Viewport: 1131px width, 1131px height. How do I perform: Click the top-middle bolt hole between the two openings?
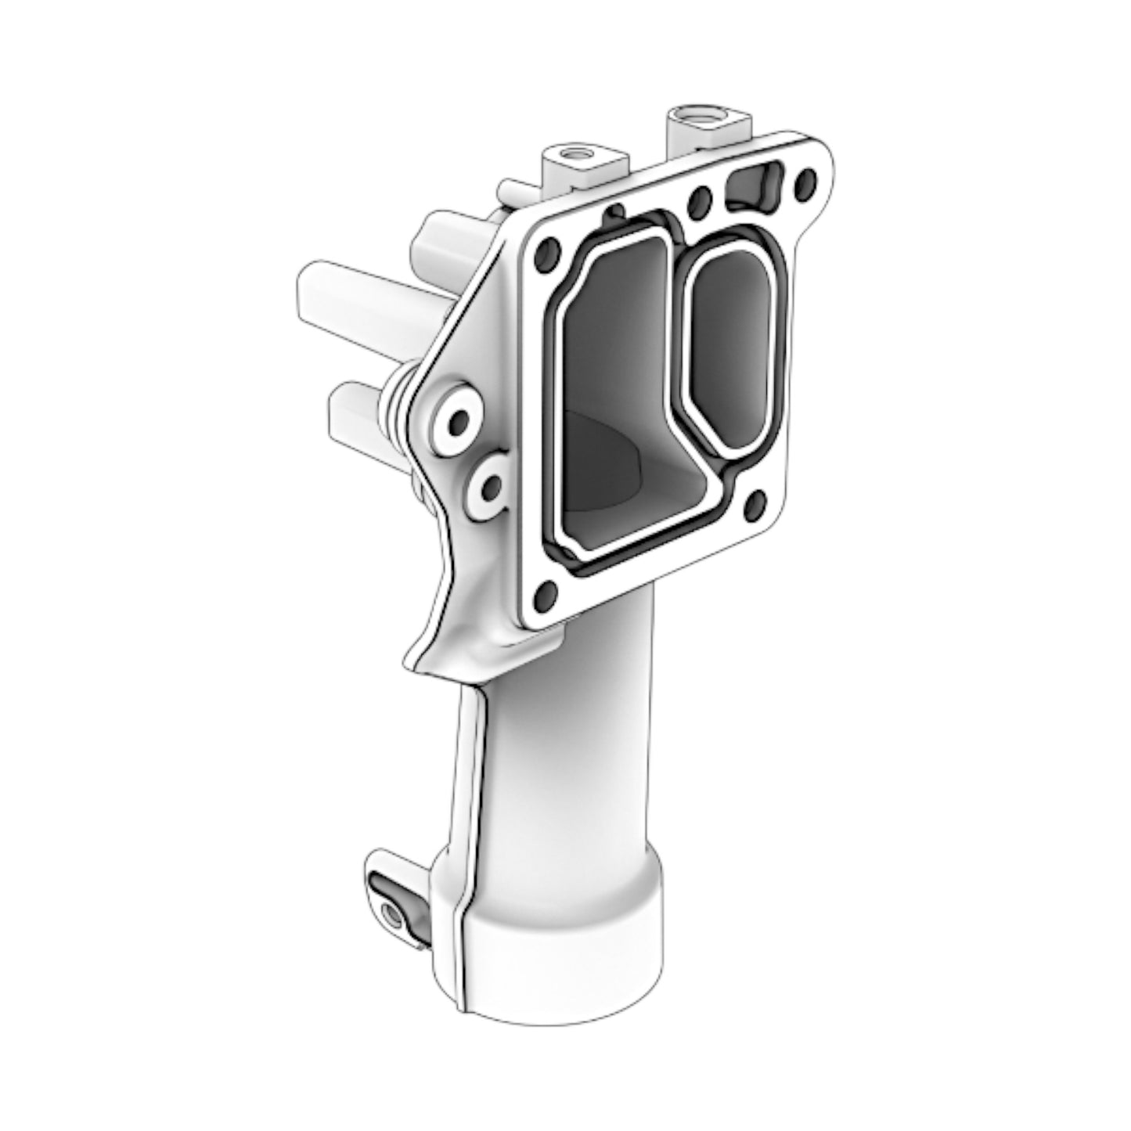click(699, 201)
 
